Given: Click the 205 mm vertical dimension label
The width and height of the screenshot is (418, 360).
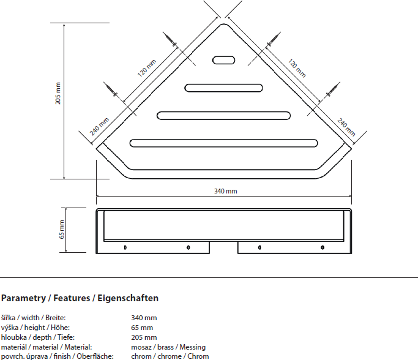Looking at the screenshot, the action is point(58,93).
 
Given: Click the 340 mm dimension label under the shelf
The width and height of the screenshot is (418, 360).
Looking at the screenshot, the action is point(225,191).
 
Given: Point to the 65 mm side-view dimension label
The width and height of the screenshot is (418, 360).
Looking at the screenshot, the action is point(62,229).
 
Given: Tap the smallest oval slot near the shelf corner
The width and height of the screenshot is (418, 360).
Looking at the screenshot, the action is point(223,60).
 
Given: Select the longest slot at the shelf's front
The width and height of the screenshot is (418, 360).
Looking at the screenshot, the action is point(224,143).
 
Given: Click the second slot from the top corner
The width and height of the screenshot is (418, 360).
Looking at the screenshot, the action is point(224,87).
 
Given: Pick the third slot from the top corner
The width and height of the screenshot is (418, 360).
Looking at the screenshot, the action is point(224,115).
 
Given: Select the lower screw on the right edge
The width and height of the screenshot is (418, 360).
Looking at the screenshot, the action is point(332,91).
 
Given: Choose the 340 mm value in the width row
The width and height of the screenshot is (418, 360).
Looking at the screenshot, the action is point(144,318).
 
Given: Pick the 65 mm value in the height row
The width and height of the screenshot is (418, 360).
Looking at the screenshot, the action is point(142,328).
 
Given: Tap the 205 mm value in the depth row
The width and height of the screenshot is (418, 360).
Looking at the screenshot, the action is point(144,337).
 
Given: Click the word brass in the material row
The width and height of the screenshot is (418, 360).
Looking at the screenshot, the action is point(165,347).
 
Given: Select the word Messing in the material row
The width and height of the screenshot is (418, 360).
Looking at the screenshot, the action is point(192,347).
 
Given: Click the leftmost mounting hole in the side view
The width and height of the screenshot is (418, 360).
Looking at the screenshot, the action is point(125,247).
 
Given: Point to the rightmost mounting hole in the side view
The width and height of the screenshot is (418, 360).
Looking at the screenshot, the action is point(323,247).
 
